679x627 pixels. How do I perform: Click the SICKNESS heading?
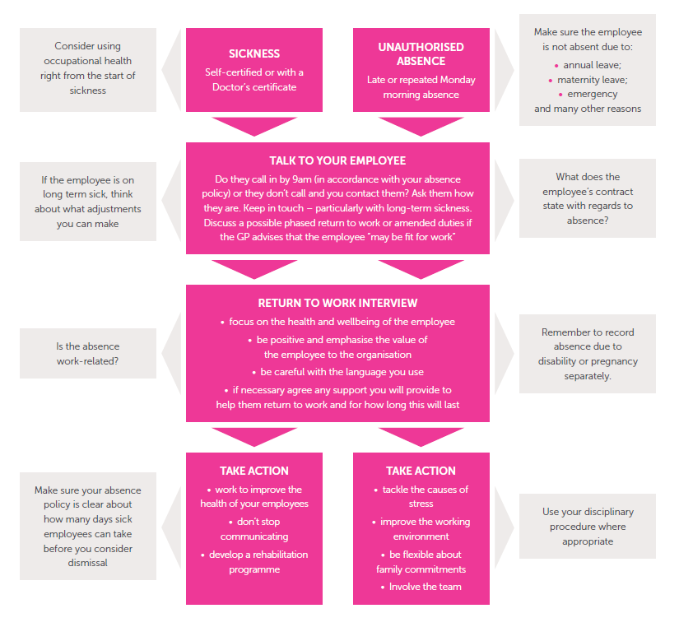(x=254, y=53)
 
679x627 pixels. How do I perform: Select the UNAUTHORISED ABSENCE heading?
(x=421, y=54)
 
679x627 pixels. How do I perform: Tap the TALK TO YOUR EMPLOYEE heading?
(x=337, y=160)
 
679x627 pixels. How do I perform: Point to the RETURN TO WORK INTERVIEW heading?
(x=337, y=303)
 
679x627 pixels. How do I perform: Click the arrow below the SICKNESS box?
(x=254, y=126)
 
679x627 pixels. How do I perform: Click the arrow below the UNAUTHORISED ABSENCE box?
(x=421, y=126)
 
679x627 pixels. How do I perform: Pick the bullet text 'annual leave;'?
(x=592, y=65)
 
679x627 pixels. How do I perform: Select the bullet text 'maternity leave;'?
(x=592, y=80)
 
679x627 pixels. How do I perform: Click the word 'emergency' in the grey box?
(x=593, y=94)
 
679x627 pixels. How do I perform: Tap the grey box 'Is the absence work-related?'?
(x=88, y=353)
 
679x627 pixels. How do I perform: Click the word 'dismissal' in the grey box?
(x=87, y=563)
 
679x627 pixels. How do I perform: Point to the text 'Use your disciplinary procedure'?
(x=588, y=519)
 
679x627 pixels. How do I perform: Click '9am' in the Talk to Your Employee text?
(x=301, y=179)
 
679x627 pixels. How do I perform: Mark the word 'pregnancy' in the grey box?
(x=614, y=361)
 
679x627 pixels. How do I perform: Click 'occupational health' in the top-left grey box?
(x=87, y=61)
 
